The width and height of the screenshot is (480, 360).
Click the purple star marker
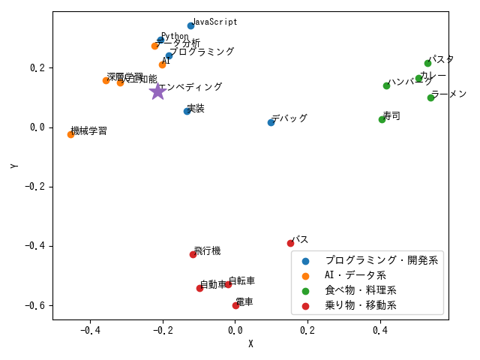tap(157, 91)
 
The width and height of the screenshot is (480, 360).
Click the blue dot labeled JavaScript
tap(190, 26)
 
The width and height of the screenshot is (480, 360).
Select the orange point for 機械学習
tap(70, 134)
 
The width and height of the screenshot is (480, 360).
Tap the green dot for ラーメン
tap(430, 97)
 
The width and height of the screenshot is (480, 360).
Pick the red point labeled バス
tap(290, 243)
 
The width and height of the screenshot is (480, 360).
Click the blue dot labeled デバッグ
tap(271, 122)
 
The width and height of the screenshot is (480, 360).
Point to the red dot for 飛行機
tap(193, 254)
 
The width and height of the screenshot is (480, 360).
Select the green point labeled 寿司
tap(382, 119)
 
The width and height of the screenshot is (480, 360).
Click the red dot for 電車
tap(235, 305)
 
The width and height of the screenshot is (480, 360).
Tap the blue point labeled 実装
tap(187, 111)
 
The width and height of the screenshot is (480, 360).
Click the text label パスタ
tap(441, 59)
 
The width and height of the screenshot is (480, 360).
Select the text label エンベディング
tap(190, 87)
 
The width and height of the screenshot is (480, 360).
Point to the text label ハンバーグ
tap(409, 82)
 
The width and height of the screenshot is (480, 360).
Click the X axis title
tap(250, 344)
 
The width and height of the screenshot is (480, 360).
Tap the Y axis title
tap(14, 165)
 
